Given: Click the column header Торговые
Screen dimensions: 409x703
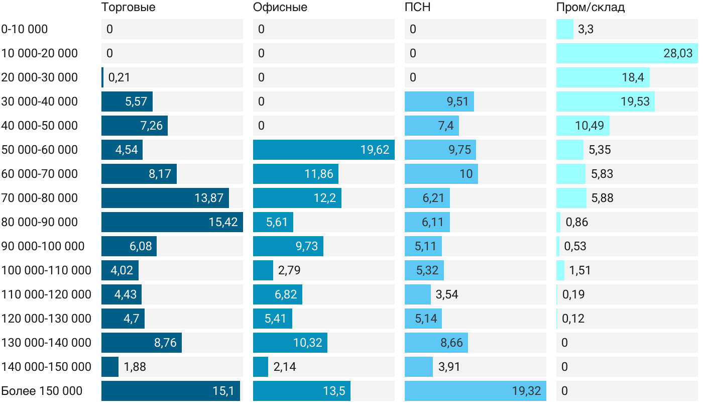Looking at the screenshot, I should tap(128, 8).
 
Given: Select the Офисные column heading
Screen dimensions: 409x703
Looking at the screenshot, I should tap(280, 8).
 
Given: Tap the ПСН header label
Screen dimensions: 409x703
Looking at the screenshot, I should tap(417, 8).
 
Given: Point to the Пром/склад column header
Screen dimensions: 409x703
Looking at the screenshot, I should tap(590, 8).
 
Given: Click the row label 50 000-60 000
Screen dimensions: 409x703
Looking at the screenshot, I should tap(40, 150).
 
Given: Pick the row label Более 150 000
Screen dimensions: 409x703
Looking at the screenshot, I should tap(42, 391).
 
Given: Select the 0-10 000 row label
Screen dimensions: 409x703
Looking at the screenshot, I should tap(25, 29).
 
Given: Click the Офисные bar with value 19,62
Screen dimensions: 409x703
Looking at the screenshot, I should tap(323, 150).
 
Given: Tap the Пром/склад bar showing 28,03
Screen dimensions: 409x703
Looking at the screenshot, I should tap(627, 53).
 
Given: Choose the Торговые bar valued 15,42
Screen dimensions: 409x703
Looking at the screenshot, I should tap(172, 222).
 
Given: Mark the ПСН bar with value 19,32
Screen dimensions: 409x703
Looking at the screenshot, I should tap(475, 391).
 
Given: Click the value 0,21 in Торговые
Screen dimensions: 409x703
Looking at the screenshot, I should tap(119, 77).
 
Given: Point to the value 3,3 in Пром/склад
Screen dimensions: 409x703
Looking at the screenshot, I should tap(585, 29).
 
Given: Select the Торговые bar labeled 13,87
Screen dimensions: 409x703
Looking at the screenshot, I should tap(165, 198).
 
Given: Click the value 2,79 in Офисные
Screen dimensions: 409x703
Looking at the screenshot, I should tap(289, 270).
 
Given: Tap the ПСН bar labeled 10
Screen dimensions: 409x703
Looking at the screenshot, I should tap(441, 174).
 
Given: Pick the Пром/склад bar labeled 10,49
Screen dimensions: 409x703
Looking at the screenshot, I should tap(582, 126).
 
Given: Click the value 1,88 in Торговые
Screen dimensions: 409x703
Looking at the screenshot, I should tap(135, 367).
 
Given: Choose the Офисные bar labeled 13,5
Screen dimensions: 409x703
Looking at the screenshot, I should tap(301, 391).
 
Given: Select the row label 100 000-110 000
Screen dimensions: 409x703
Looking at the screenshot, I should tap(46, 270).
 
